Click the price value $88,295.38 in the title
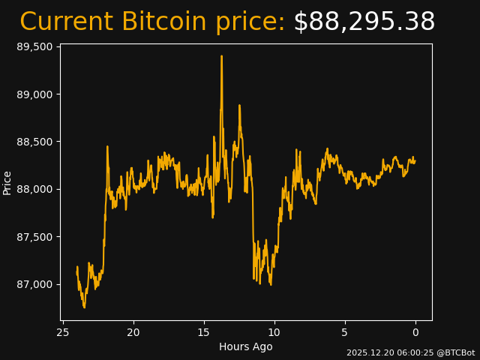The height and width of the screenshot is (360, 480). coord(364,22)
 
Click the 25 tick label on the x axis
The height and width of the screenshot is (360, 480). coord(63,332)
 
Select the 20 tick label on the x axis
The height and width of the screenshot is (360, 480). coord(133,332)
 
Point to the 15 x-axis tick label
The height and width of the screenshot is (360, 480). coord(204,332)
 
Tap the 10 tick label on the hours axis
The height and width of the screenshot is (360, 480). coord(274,332)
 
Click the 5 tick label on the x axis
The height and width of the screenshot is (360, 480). coord(345,332)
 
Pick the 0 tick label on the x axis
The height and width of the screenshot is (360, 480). coord(415,332)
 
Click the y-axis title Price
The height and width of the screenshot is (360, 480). coord(7,182)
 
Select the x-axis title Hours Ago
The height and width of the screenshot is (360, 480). coord(246,346)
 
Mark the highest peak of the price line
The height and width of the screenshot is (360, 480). coord(221,55)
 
